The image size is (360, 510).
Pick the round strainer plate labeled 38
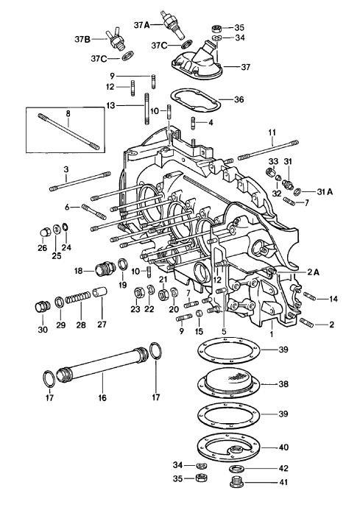coord(233,383)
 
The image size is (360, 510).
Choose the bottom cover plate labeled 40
coord(233,447)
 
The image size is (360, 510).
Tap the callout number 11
coord(272,133)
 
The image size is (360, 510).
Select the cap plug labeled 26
coord(45,234)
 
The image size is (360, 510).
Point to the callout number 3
coord(66,170)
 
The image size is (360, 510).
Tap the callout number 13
coord(110,105)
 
